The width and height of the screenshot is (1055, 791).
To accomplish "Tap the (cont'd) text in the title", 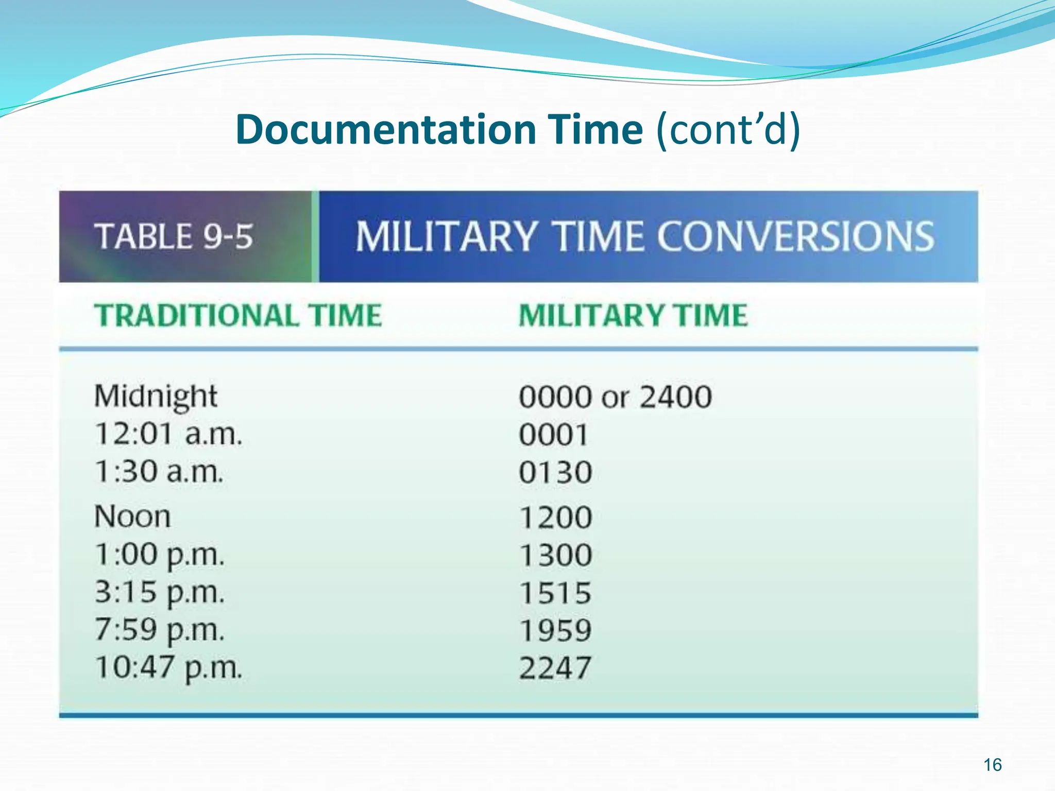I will (x=728, y=130).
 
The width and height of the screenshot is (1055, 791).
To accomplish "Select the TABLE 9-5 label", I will (x=174, y=237).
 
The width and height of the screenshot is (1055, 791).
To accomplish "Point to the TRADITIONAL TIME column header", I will (x=238, y=315).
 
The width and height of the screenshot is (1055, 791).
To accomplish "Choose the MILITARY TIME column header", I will (x=633, y=315).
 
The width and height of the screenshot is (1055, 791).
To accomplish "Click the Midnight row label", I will (x=156, y=397).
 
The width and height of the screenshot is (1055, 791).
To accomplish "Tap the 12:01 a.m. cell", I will (x=168, y=434).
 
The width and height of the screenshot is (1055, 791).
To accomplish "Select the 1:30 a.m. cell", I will (x=159, y=472).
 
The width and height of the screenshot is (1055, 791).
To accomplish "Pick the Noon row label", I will (x=132, y=517).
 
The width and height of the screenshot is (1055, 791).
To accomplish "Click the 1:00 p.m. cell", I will (x=160, y=555).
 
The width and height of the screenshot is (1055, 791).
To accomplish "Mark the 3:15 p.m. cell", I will (x=160, y=593).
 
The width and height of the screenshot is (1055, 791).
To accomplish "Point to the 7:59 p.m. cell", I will (x=160, y=630).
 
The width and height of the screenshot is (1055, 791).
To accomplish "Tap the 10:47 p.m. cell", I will (x=168, y=668).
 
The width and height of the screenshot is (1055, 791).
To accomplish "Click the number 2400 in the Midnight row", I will (x=676, y=397).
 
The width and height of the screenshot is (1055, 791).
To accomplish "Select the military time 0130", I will (x=555, y=472).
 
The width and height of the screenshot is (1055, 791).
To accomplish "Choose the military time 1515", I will (x=555, y=593).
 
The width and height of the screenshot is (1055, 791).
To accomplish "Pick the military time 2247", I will (x=555, y=668).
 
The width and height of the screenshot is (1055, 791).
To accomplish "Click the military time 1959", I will (x=555, y=631).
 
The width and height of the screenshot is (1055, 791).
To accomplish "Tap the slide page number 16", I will (x=993, y=765).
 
